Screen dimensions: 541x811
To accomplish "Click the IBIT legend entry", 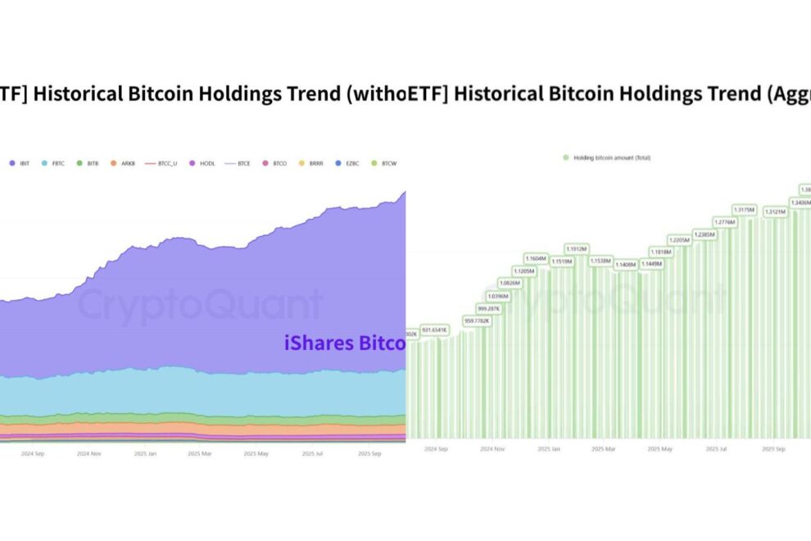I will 23,164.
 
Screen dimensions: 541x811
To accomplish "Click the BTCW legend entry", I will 386,164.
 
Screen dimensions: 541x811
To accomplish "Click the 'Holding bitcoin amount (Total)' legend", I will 606,157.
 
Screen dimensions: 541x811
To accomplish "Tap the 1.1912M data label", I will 578,248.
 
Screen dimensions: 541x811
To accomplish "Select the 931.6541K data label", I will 434,330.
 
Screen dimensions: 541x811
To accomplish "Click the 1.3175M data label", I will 744,209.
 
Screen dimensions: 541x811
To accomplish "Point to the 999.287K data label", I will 488,308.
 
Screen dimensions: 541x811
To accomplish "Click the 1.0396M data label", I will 497,295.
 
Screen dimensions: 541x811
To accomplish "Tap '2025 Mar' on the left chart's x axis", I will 199,452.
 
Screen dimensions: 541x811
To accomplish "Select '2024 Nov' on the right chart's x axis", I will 493,449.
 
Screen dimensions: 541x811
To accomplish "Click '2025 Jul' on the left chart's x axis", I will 314,452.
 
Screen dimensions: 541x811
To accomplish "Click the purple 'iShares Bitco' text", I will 345,343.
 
